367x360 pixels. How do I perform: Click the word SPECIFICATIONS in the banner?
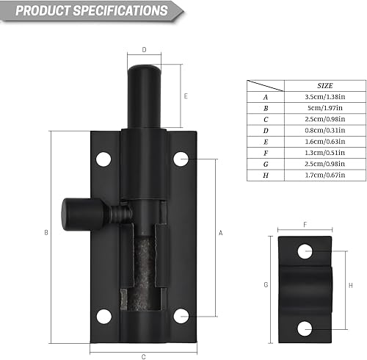[x=120, y=10]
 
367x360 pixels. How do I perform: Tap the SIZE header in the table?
[x=325, y=86]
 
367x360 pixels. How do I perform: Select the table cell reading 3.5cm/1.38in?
[x=325, y=97]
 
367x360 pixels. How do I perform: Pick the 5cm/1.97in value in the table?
[x=325, y=108]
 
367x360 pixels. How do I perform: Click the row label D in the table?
[x=266, y=131]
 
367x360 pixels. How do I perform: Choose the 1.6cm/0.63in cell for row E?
[x=325, y=142]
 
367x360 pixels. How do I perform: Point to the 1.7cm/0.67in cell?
[x=325, y=175]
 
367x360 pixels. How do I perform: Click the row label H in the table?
[x=266, y=176]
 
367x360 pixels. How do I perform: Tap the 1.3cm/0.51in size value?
[x=325, y=153]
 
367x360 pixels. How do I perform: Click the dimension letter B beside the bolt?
[x=46, y=233]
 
